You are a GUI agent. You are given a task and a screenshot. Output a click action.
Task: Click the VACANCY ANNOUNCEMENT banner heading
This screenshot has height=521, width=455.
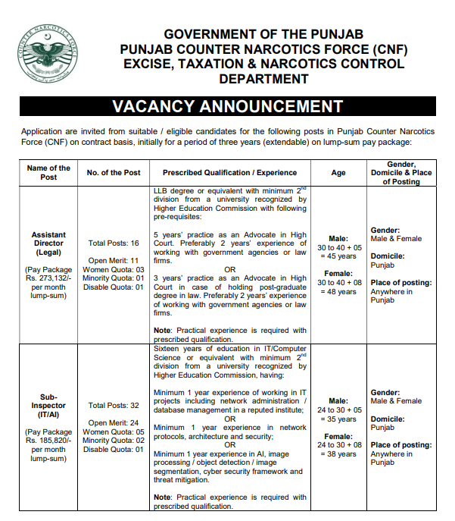[227, 106]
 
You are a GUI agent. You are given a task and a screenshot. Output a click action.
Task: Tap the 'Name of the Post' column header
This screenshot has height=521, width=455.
[48, 172]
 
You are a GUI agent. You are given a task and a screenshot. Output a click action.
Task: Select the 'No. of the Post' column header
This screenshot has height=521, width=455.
[114, 173]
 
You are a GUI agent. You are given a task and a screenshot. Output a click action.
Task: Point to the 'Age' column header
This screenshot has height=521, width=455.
[338, 173]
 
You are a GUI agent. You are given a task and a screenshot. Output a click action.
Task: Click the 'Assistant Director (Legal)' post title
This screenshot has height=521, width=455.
[48, 243]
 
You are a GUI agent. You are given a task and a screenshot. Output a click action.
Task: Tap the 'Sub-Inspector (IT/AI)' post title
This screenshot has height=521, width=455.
[48, 405]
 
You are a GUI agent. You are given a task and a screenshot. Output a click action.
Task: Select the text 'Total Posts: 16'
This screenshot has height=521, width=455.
[114, 243]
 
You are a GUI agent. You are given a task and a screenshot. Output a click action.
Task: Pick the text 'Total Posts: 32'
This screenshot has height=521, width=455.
[114, 406]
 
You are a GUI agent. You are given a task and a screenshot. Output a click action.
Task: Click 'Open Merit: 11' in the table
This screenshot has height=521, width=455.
[114, 260]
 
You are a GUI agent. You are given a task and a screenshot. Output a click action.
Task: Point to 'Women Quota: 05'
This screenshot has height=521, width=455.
[114, 432]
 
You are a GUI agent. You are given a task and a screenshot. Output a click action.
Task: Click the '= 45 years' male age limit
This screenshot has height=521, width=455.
[338, 256]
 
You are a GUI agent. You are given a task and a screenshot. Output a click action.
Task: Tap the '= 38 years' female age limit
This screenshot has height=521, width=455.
[338, 454]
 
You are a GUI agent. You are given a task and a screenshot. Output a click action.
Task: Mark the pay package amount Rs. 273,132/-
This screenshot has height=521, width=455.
[48, 278]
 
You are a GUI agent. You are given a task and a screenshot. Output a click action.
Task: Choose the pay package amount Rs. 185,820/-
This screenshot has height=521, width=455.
[48, 440]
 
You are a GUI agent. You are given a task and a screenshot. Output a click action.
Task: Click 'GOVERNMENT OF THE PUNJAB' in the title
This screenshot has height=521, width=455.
[264, 35]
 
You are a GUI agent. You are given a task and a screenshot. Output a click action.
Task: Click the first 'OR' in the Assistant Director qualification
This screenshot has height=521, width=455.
[230, 269]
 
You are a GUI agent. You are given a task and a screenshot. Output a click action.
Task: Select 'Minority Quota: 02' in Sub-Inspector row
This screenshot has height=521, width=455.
[114, 441]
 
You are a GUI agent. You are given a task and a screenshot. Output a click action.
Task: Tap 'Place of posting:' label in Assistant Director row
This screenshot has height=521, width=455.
[400, 283]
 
